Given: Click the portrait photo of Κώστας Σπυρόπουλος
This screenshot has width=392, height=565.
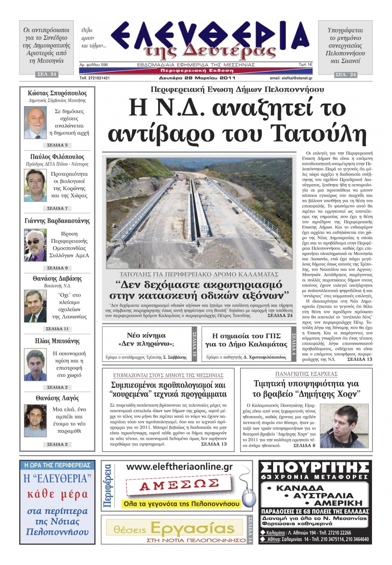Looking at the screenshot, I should tap(35, 122).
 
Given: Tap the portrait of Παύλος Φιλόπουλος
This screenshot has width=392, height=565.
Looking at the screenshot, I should tap(35, 184).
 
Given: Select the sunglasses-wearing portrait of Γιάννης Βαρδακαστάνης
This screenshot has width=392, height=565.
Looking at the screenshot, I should tap(35, 246).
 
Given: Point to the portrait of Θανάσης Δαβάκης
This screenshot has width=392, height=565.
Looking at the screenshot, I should tap(35, 306).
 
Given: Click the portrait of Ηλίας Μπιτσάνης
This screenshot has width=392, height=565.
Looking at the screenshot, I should tap(35, 365).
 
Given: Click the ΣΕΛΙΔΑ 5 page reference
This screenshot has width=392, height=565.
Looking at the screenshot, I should tap(57, 145).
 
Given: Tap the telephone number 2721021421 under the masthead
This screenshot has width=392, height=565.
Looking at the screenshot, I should tap(95, 78).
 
